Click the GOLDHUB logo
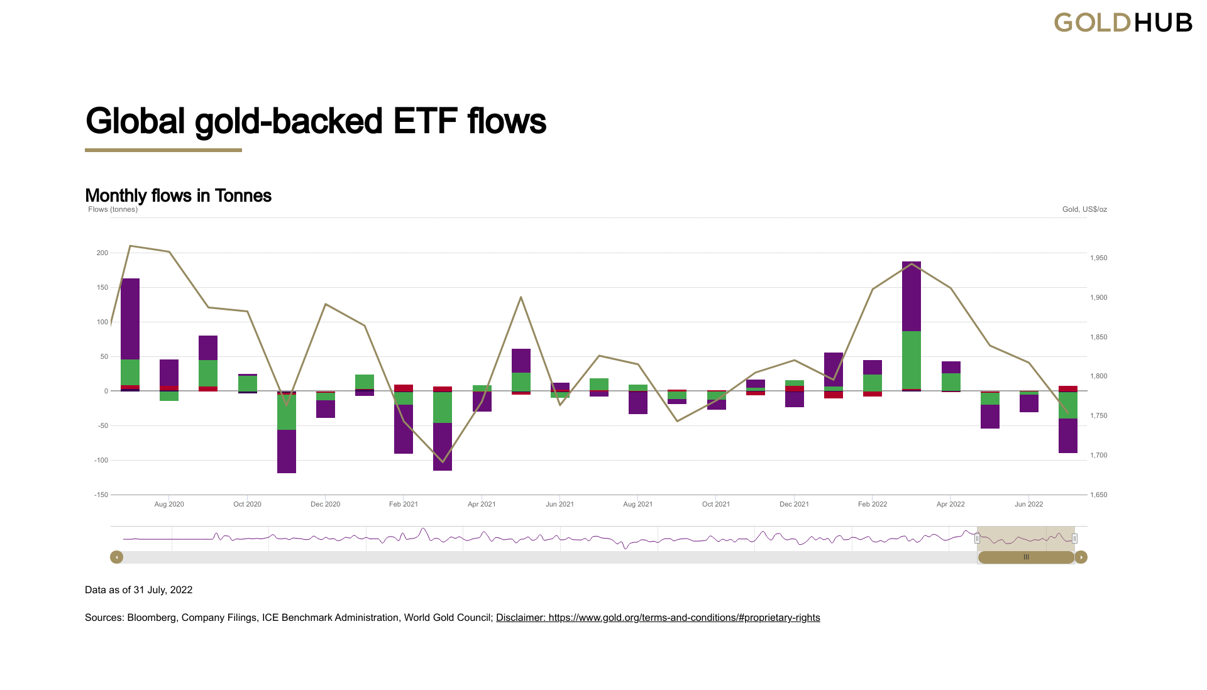1123,23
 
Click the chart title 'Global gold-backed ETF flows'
316,121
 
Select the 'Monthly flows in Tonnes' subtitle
178,195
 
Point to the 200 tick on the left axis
102,253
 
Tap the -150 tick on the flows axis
101,495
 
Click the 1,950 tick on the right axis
1099,258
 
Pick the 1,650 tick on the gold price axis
1099,495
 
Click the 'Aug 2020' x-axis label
169,504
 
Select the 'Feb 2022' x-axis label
873,504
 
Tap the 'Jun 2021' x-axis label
559,504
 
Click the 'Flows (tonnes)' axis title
113,209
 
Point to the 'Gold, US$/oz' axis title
1084,209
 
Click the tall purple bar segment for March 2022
912,296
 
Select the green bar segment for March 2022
912,360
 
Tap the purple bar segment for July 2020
130,319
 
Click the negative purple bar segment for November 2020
287,451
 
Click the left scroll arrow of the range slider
116,557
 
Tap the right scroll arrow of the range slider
1081,557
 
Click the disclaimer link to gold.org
658,618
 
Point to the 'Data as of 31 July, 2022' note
138,590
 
